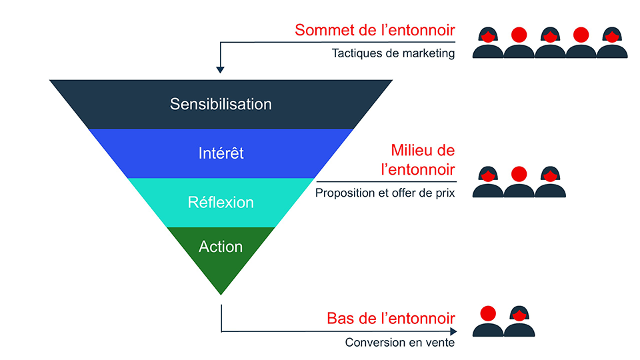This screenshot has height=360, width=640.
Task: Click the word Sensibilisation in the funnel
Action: tap(221, 104)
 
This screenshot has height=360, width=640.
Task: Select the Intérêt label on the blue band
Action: tap(221, 153)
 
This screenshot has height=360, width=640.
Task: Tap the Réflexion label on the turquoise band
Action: tap(221, 202)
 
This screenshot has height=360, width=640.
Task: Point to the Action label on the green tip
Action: tap(221, 247)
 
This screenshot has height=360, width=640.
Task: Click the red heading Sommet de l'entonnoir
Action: tap(375, 30)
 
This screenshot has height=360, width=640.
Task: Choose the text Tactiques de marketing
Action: tap(393, 53)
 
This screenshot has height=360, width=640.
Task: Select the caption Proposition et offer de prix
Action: tap(385, 194)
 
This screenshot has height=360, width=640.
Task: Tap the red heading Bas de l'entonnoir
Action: tap(391, 318)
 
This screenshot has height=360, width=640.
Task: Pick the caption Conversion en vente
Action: tap(400, 343)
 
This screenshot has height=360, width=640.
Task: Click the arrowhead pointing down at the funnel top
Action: tap(221, 69)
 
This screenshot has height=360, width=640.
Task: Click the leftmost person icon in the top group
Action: tap(488, 44)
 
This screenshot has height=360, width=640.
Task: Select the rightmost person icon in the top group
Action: tap(611, 44)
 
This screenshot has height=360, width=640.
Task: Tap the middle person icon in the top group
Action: tap(550, 44)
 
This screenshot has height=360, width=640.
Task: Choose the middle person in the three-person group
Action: tap(519, 183)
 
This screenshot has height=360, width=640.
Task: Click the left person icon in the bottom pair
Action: tap(488, 322)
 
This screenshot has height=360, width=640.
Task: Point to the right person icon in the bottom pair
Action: tap(519, 322)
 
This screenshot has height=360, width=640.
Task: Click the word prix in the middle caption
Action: tap(444, 194)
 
